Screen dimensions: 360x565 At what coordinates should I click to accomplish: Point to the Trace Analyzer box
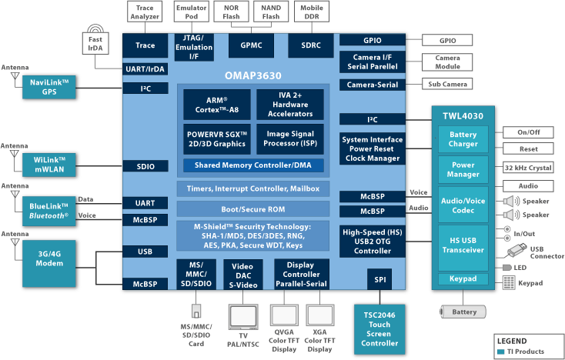[x=145, y=11]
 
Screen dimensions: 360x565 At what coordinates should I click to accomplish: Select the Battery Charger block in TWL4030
[x=463, y=139]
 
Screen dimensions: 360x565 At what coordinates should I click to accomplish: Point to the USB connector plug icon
[x=519, y=249]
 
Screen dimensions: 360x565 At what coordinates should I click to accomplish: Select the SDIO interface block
[x=145, y=166]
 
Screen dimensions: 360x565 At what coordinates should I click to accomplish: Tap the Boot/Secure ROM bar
[x=253, y=208]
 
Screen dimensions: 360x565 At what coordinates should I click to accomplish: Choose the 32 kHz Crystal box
[x=529, y=168]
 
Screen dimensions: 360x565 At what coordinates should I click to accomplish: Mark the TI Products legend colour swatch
[x=500, y=352]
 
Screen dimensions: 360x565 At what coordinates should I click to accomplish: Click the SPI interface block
[x=379, y=279]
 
